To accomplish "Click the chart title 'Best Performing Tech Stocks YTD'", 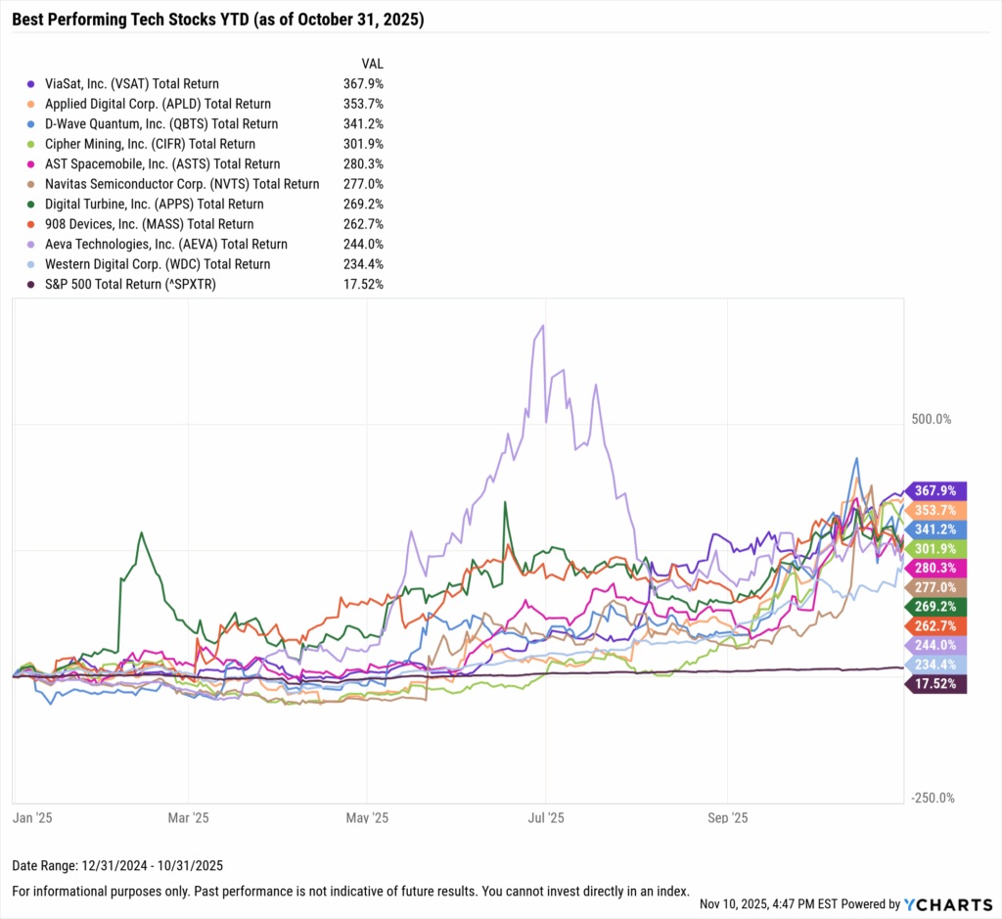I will pos(217,19).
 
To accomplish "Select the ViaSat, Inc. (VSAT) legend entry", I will pos(123,84).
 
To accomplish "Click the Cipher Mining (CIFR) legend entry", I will pos(142,144).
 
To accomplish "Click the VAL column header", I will pos(372,64).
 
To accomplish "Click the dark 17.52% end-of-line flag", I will pos(937,684).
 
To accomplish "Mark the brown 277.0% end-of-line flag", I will pos(937,587).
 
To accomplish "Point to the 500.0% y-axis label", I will pos(931,420).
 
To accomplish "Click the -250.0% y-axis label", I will pos(931,798).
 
